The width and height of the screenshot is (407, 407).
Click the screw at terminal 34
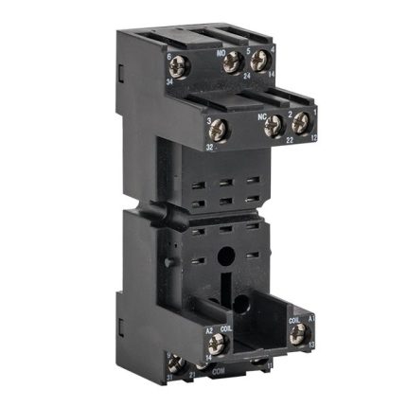tap(176, 67)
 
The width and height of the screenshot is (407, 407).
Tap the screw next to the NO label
tap(228, 64)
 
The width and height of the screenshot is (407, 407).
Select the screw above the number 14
tap(256, 62)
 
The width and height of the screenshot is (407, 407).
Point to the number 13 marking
tap(310, 344)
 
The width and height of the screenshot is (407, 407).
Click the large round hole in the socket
tap(228, 255)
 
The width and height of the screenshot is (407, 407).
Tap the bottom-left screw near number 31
tap(176, 363)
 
